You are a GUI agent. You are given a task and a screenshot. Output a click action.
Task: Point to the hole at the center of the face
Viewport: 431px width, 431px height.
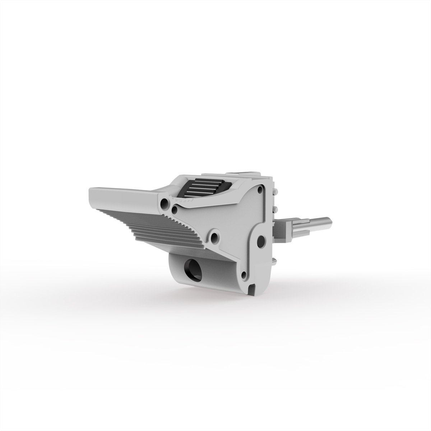[215, 237]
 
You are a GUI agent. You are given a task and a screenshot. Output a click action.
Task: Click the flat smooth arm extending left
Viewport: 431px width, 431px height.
[122, 194]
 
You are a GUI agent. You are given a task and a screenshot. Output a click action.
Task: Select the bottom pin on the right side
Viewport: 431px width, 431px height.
[274, 260]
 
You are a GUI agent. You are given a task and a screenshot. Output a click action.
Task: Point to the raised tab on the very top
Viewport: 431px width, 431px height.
[248, 174]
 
